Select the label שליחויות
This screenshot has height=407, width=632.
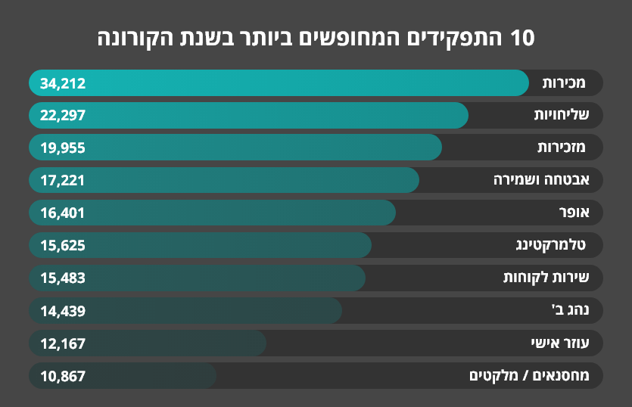(562, 116)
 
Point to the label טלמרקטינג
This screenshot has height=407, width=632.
(556, 245)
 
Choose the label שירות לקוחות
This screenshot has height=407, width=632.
(552, 278)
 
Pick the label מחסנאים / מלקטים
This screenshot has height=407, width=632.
(535, 375)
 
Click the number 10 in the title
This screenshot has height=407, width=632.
(522, 38)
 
